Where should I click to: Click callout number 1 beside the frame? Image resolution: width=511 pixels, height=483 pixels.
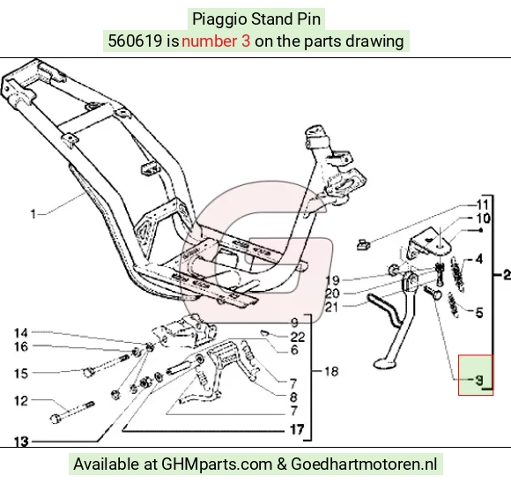[x=33, y=214]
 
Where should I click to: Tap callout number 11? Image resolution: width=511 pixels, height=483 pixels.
[x=482, y=205]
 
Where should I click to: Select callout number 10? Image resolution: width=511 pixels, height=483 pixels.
[x=484, y=219]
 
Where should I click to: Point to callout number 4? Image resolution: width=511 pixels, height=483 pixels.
[x=478, y=259]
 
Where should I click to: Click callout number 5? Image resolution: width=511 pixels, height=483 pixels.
[x=479, y=313]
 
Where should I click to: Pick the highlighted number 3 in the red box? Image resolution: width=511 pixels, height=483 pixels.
[x=478, y=380]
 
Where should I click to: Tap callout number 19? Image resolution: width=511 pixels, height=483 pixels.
[x=333, y=280]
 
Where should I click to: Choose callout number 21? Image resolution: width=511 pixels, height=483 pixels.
[x=332, y=307]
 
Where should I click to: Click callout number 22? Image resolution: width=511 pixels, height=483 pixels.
[x=298, y=337]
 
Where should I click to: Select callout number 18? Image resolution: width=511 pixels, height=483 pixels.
[x=331, y=371]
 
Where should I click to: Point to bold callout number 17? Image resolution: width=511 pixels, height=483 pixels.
[x=297, y=429]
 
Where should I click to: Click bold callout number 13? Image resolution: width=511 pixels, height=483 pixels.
[x=21, y=442]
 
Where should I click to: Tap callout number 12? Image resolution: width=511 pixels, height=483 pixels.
[x=21, y=400]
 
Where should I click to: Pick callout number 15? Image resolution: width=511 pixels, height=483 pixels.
[x=21, y=374]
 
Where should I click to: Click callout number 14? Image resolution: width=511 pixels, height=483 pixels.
[x=21, y=332]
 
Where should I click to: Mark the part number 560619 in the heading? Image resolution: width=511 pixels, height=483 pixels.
[x=135, y=41]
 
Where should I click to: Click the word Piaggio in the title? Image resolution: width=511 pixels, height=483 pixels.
[x=219, y=19]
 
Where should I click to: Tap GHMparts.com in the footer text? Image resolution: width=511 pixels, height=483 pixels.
[x=217, y=464]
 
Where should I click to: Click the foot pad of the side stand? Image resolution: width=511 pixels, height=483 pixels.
[x=384, y=362]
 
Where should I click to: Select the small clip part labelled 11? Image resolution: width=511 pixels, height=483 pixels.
[x=363, y=244]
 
